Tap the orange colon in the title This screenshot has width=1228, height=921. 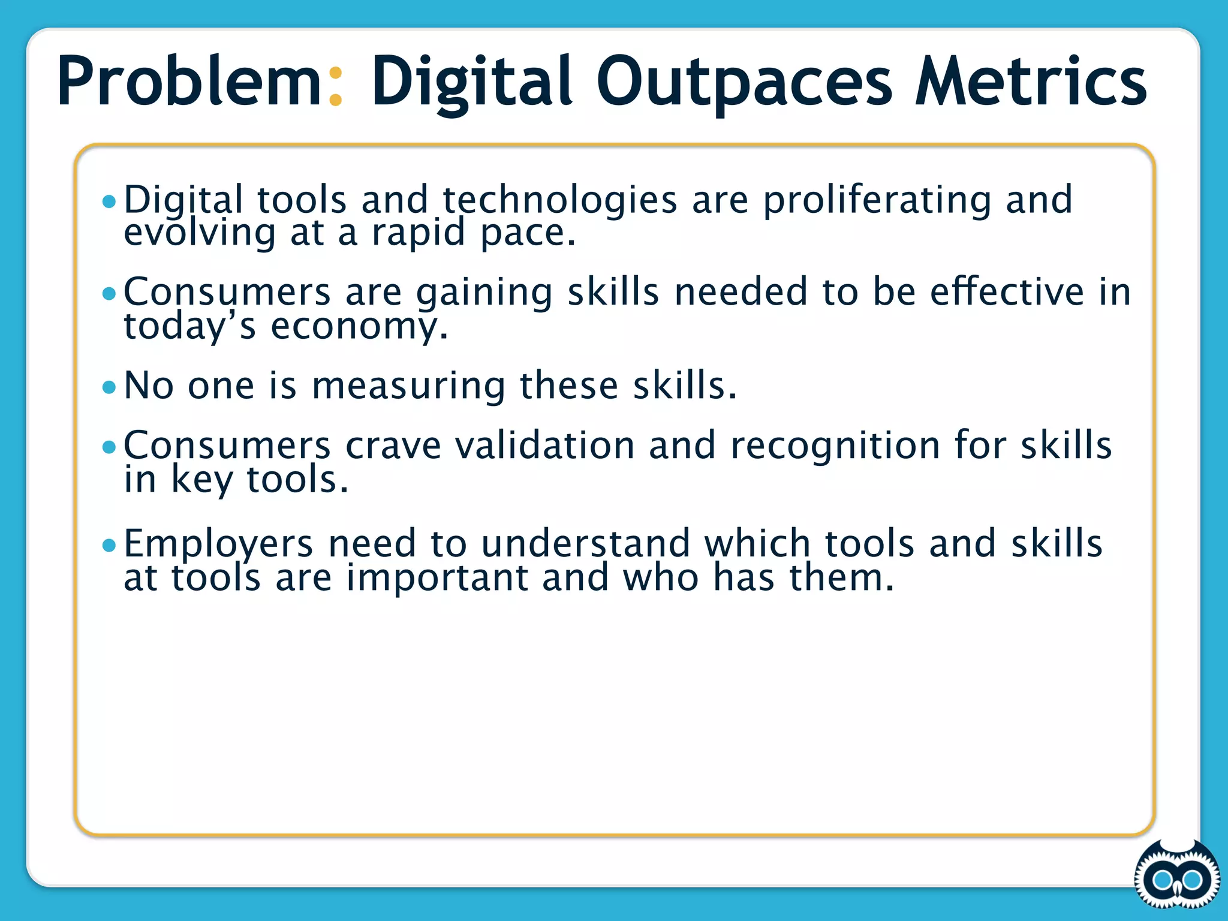pos(336,87)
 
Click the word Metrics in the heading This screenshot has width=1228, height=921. pos(1030,81)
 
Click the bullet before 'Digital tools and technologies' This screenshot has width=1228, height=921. pos(109,201)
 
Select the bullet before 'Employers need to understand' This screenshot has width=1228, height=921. pos(109,545)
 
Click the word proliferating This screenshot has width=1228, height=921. pos(877,200)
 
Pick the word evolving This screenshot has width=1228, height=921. pos(200,233)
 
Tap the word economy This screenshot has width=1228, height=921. pos(359,327)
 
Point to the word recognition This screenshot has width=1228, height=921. pos(835,447)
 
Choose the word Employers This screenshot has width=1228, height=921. pos(218,544)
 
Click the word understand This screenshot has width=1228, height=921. pos(585,543)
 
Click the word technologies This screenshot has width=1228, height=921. pos(560,200)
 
